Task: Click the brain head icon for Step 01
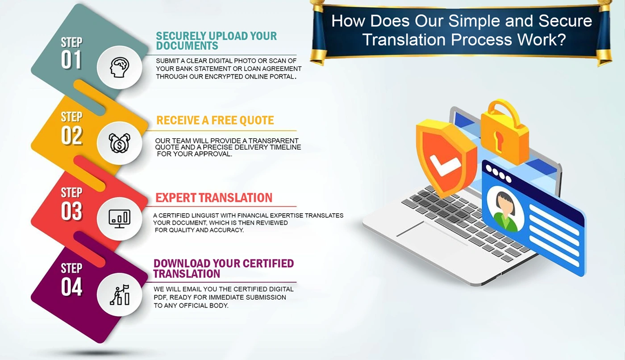(x=120, y=67)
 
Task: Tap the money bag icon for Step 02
(x=120, y=143)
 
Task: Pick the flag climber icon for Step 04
(x=120, y=295)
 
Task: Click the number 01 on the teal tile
(x=71, y=59)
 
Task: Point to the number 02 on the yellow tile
(x=72, y=135)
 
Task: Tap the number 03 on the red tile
(x=72, y=211)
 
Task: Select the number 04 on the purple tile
(x=72, y=287)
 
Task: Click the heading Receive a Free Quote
(x=215, y=120)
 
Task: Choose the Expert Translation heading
(x=214, y=198)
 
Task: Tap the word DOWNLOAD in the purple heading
(x=182, y=264)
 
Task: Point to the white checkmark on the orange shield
(x=445, y=165)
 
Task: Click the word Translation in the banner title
(x=404, y=40)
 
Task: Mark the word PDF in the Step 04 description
(x=159, y=297)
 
